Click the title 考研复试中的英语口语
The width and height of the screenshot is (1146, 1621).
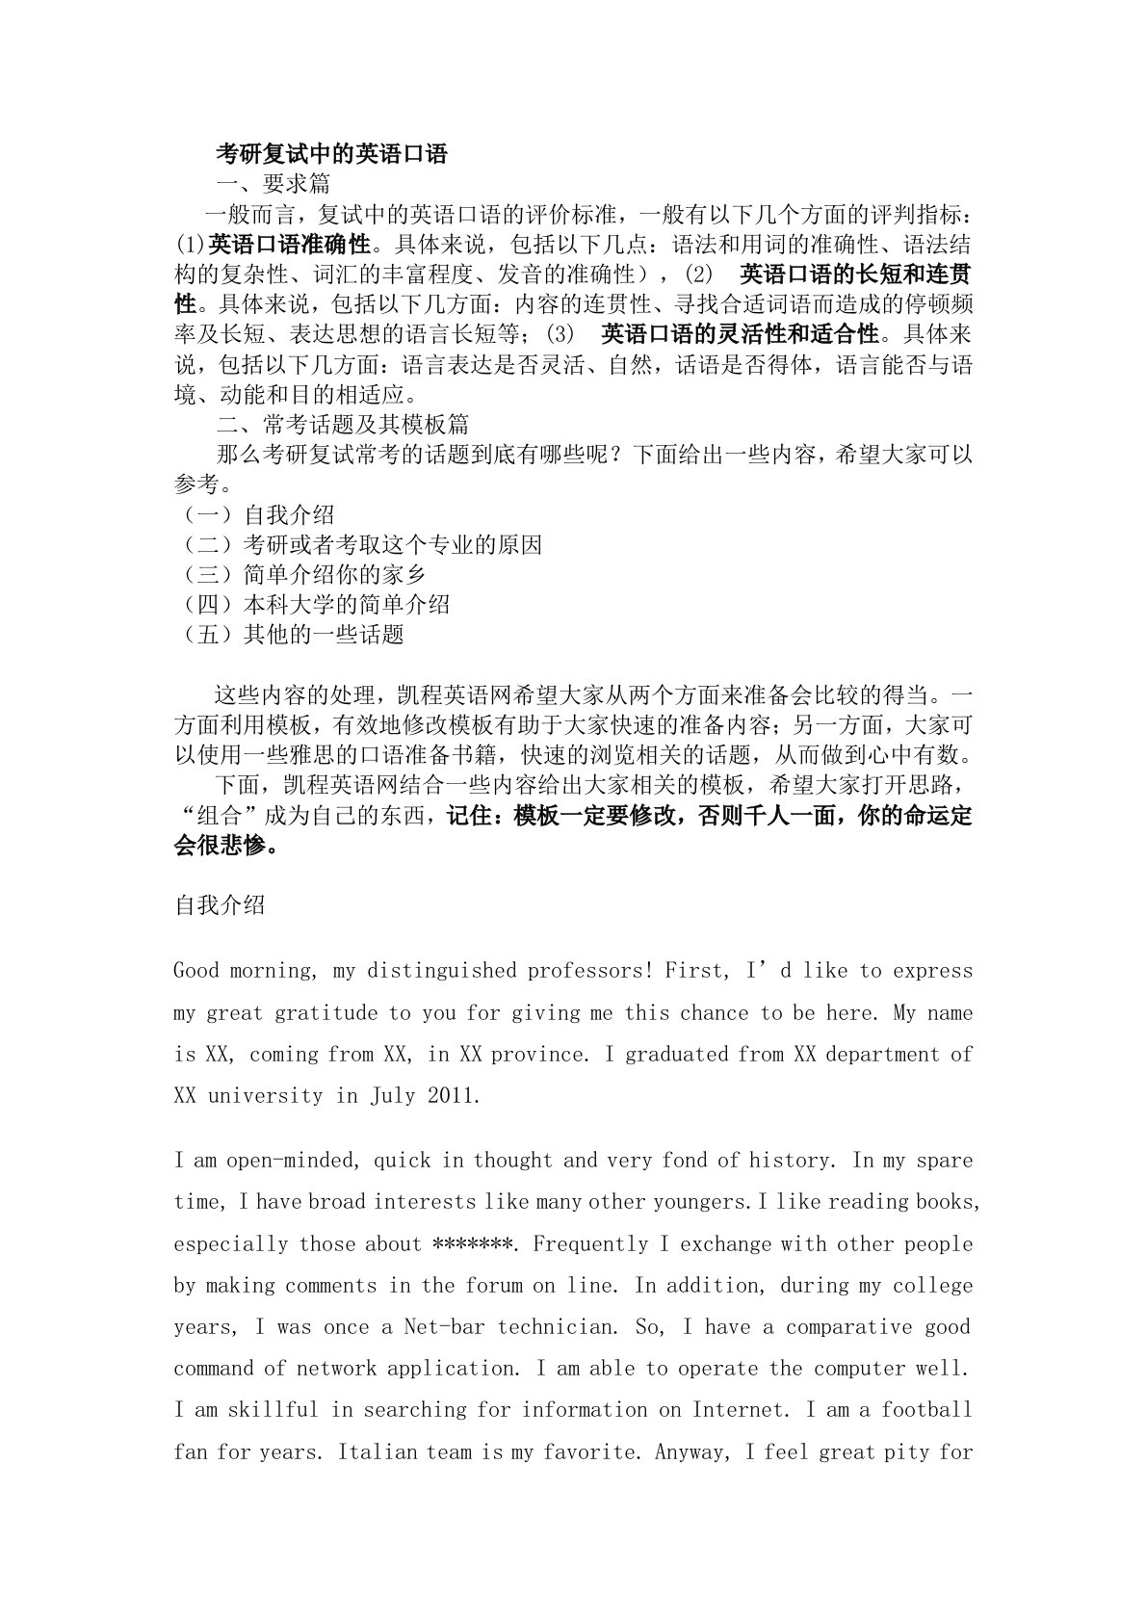pos(331,153)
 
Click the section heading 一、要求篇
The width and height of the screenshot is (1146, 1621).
pos(273,183)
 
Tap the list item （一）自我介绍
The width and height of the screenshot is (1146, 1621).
pos(255,514)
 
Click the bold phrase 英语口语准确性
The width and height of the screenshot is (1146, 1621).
pos(290,244)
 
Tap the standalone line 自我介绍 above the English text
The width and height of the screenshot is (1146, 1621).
pos(220,905)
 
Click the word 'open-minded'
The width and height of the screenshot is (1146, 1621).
pos(293,1161)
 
